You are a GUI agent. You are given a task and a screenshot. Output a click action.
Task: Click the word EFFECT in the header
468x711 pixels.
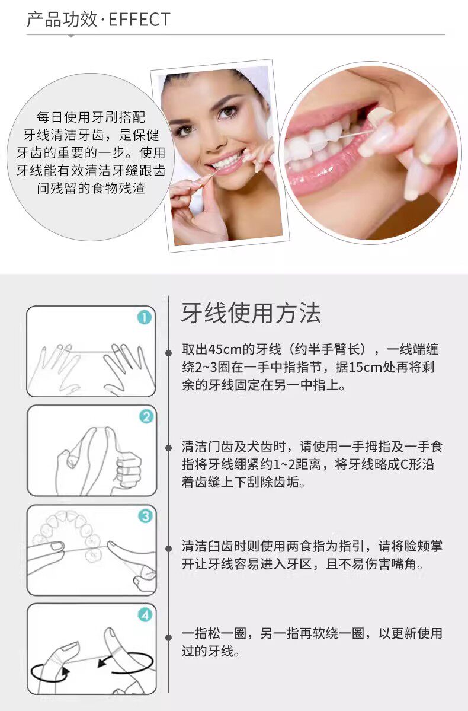(139, 20)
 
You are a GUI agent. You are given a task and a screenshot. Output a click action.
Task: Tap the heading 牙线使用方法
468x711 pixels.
(251, 313)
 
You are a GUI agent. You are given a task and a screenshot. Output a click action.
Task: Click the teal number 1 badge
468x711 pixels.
(145, 317)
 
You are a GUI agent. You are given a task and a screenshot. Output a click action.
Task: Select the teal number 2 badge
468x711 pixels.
(146, 416)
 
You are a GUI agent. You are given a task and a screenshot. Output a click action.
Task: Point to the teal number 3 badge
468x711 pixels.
(145, 515)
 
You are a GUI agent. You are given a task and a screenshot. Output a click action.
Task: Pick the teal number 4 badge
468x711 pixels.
(145, 615)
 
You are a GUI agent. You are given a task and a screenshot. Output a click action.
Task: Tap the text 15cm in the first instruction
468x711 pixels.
(366, 367)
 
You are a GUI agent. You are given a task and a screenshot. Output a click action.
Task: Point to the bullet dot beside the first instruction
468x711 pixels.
(168, 352)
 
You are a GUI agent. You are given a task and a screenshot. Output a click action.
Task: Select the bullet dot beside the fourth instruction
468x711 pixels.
(168, 637)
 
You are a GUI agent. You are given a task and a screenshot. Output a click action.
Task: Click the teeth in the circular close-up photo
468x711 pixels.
(317, 141)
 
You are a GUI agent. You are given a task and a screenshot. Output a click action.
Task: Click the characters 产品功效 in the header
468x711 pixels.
(62, 20)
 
